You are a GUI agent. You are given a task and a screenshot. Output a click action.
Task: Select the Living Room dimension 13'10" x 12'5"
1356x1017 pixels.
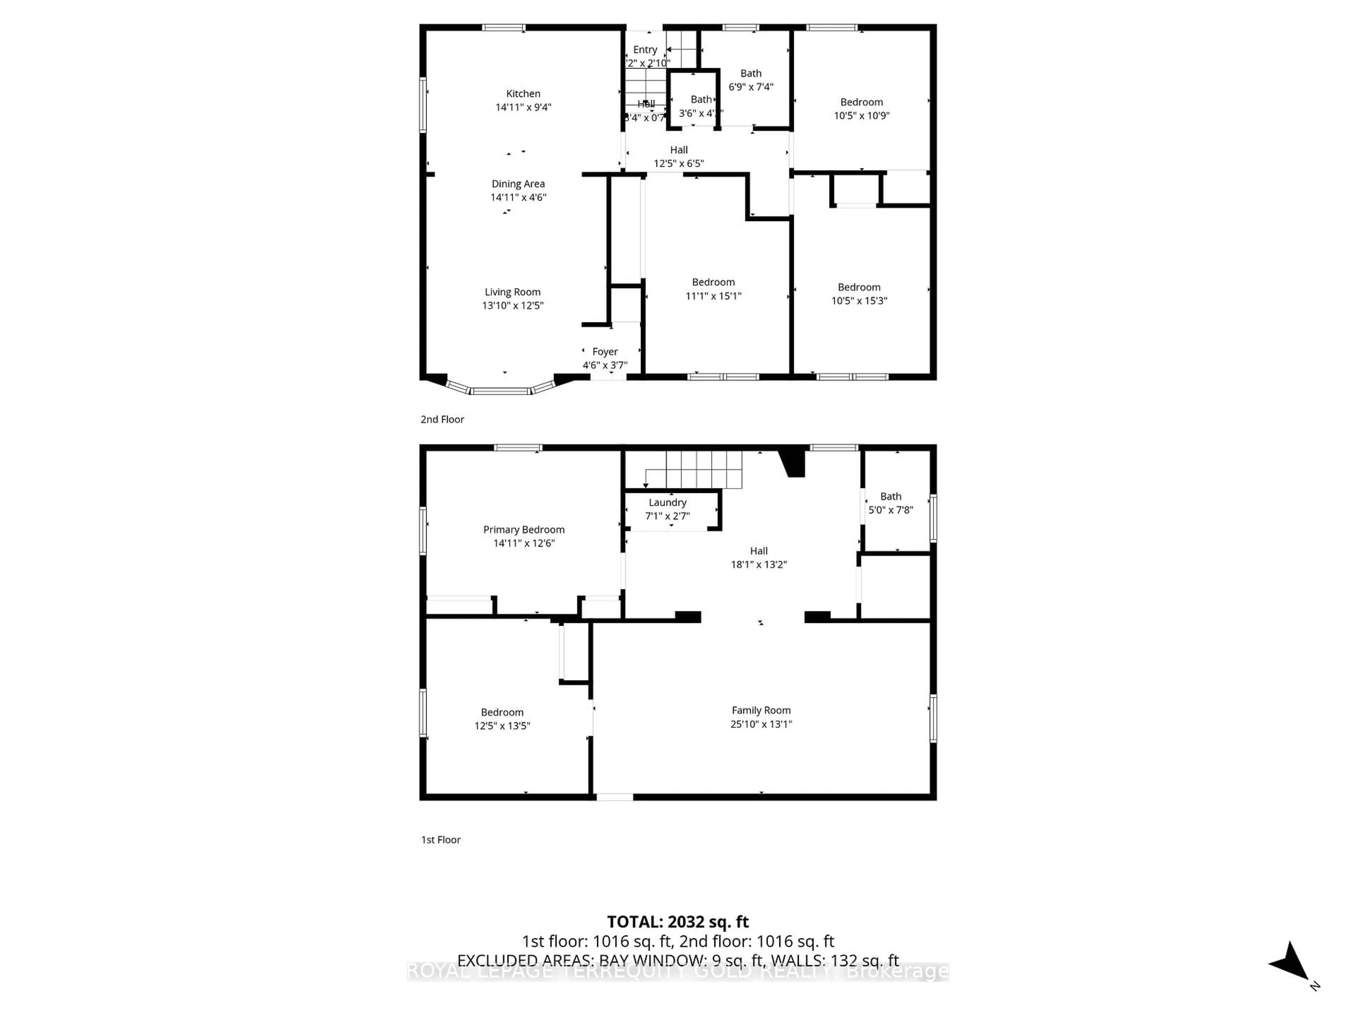point(512,306)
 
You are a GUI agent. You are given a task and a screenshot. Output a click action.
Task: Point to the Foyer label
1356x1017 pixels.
point(605,352)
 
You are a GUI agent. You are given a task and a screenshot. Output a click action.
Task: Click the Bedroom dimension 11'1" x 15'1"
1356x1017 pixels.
point(713,296)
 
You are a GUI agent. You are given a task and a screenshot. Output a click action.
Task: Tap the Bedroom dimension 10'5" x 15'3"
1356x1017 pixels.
point(859,301)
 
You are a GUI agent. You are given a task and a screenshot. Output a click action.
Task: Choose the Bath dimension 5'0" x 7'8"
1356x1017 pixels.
point(890,510)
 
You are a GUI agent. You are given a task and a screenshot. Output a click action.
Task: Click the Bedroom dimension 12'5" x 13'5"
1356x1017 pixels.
point(502,726)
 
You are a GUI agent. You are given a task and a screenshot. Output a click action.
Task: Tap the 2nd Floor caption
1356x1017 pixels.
point(442,419)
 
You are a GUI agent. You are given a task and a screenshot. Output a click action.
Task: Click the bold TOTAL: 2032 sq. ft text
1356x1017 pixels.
point(677,922)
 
